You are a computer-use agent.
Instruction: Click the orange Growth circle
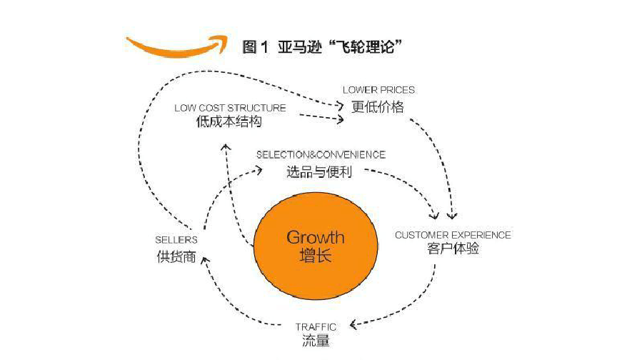(x=316, y=246)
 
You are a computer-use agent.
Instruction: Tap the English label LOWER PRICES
(x=378, y=90)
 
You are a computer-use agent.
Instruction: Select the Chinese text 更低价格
(x=377, y=107)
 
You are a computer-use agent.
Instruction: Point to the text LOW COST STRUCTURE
(x=230, y=108)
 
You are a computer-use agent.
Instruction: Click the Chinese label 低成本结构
(x=229, y=121)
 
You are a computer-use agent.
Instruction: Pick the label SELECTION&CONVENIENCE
(x=321, y=155)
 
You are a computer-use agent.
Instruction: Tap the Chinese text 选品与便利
(x=319, y=172)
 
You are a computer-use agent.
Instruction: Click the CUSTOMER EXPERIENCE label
(x=453, y=235)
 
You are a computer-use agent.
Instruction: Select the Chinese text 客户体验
(x=453, y=249)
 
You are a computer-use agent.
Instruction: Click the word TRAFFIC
(x=316, y=327)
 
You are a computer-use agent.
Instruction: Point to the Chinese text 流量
(x=316, y=341)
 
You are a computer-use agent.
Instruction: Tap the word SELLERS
(x=176, y=240)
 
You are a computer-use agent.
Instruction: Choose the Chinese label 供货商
(x=176, y=257)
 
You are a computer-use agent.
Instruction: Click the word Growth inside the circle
(x=316, y=237)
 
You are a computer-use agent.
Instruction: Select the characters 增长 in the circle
(x=316, y=256)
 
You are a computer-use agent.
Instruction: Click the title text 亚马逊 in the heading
(x=300, y=47)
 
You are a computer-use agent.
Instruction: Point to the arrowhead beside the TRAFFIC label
(x=353, y=324)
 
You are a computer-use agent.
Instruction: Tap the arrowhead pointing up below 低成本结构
(x=226, y=147)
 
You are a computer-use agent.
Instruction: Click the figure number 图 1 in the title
(x=255, y=47)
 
